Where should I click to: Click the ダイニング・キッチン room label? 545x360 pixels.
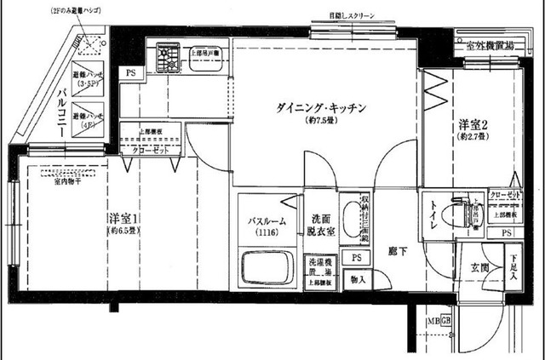tap(321, 108)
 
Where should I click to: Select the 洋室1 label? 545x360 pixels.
tap(124, 218)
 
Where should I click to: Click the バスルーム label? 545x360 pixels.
tap(267, 222)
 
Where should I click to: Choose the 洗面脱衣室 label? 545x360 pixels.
tap(321, 223)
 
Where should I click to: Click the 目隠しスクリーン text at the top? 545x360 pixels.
tap(356, 15)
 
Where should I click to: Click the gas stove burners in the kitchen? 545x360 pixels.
tap(164, 58)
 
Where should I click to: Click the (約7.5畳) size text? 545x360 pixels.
tap(321, 121)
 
